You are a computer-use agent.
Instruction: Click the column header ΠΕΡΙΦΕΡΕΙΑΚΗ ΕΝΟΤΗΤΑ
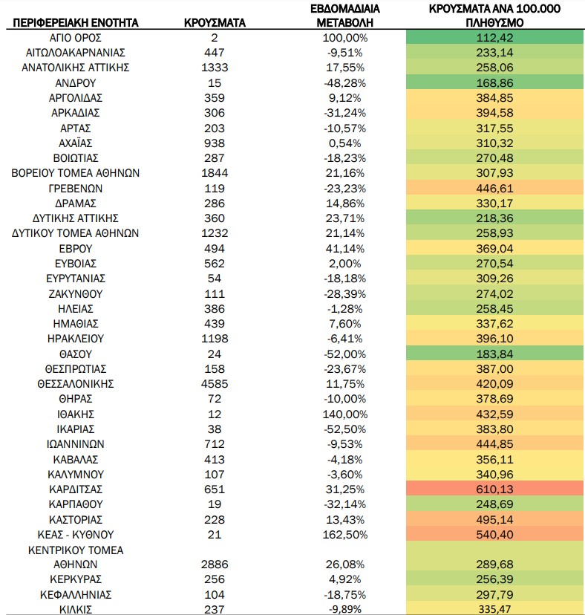(76, 23)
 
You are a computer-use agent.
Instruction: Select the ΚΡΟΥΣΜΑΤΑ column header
(215, 23)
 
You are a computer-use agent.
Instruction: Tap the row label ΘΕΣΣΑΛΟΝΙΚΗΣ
(76, 383)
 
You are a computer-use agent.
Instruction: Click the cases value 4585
(215, 383)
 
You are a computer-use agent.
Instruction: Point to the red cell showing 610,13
(495, 489)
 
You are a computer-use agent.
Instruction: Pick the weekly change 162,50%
(345, 535)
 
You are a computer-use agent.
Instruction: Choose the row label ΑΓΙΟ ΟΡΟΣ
(76, 38)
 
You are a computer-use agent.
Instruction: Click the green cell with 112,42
(495, 38)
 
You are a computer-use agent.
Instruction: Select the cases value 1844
(215, 173)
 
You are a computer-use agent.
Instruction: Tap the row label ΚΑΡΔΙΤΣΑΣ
(76, 489)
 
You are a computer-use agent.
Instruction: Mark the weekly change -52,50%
(345, 429)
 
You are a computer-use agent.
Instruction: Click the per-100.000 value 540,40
(495, 535)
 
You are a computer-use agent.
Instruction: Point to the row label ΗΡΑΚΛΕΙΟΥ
(76, 339)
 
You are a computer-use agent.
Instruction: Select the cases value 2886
(215, 564)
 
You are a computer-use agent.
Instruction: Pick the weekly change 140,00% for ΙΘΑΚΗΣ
(345, 414)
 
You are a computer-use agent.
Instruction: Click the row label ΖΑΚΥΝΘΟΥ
(76, 294)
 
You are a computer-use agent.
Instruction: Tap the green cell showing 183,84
(495, 354)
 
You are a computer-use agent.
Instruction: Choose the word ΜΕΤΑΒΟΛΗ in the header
(345, 23)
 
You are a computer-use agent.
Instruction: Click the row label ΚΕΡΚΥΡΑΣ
(76, 579)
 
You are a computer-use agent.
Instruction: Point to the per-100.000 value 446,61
(495, 189)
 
